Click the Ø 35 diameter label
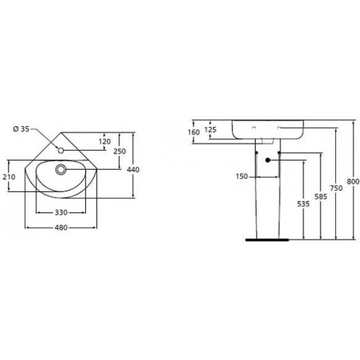21,130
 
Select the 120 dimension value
105,141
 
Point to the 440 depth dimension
133,170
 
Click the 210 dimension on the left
9,177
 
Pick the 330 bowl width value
61,212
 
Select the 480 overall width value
61,228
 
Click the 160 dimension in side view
193,132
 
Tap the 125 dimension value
210,130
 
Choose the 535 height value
303,204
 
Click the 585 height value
320,196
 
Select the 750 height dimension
336,188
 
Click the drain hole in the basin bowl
62,170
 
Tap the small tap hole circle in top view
61,150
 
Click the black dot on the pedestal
268,161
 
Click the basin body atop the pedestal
267,129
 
